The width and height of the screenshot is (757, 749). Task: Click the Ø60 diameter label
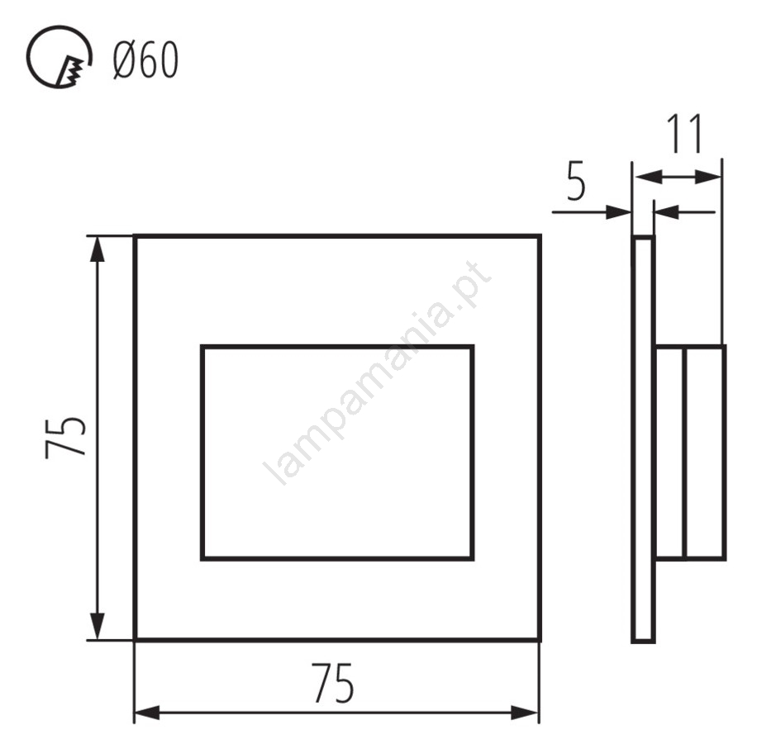point(145,59)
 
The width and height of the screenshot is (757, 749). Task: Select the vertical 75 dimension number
point(65,437)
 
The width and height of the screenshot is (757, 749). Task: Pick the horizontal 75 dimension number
point(333,683)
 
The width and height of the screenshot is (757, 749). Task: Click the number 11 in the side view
point(683,134)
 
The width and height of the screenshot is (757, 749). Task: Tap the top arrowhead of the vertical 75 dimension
point(98,249)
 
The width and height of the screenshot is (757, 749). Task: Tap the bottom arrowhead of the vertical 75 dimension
point(98,627)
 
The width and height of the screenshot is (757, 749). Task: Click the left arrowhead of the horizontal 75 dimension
point(147,713)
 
